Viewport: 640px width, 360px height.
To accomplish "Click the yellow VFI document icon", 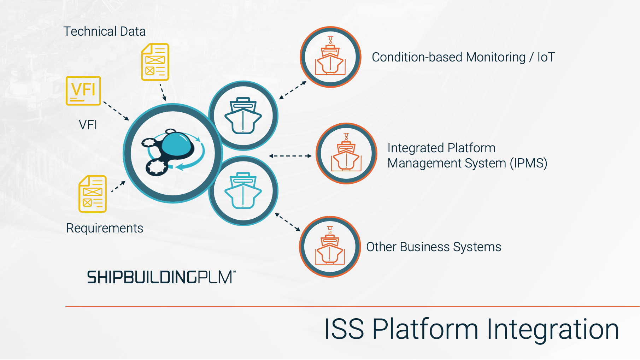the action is (83, 91).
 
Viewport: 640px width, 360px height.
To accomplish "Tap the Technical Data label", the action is (105, 31).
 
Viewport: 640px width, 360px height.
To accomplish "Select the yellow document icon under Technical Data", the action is (155, 62).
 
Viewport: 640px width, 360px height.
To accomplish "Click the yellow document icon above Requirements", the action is (93, 194).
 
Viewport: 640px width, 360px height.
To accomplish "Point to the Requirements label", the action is (105, 228).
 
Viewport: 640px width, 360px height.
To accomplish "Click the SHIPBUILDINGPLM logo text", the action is (161, 277).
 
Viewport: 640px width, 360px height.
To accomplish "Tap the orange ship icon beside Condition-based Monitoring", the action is (330, 57).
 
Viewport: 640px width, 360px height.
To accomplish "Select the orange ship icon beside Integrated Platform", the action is (346, 153).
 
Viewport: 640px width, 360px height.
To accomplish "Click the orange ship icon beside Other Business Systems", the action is (330, 246).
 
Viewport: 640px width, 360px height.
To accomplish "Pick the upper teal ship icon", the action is (243, 116).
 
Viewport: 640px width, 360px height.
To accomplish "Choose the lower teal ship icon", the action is (243, 190).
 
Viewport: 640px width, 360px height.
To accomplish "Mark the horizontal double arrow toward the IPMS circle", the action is (290, 156).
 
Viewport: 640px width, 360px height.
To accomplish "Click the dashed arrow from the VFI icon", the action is (116, 111).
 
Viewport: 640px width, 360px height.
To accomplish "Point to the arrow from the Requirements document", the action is (118, 187).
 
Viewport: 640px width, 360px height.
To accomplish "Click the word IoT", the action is (546, 57).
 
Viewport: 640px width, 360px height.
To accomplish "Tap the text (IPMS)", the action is (528, 163).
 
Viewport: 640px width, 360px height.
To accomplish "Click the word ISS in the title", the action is (344, 329).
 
